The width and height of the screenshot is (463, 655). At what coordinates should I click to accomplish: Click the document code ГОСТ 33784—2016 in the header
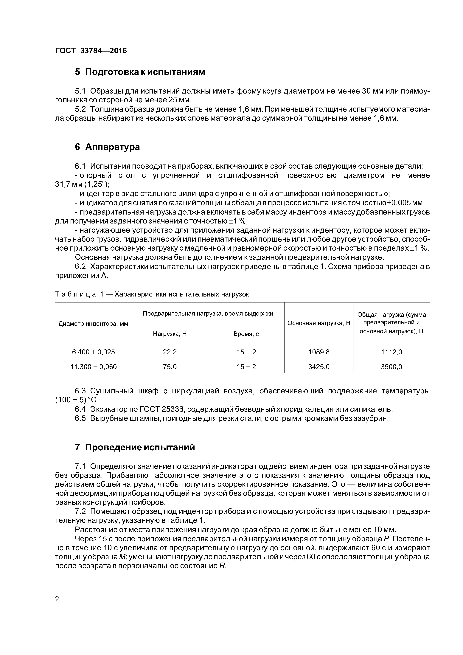[91, 51]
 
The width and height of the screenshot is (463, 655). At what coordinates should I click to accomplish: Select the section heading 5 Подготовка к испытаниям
[140, 72]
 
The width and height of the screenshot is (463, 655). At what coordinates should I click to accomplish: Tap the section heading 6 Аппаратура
[107, 147]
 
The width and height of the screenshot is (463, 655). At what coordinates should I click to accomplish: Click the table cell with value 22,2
[170, 352]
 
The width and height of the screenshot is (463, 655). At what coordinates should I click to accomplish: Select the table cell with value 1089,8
[319, 352]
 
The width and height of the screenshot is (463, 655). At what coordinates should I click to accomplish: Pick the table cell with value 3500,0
[391, 367]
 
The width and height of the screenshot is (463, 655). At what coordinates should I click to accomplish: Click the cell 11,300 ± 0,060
[93, 367]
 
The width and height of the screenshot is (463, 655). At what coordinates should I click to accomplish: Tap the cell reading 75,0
[170, 367]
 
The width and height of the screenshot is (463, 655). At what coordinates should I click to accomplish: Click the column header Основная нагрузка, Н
[319, 323]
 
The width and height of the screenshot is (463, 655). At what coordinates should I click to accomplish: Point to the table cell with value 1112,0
[391, 352]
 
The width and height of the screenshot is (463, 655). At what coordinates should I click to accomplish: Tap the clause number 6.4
[80, 409]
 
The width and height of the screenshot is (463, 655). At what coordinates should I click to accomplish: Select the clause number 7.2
[80, 511]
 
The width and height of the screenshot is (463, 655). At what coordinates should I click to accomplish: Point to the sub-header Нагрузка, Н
[170, 334]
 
